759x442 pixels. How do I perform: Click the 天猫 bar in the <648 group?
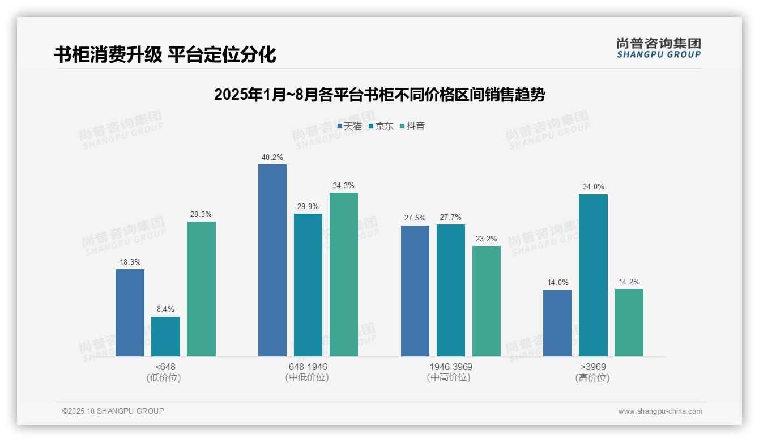(130, 313)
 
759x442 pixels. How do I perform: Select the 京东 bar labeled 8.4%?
(165, 337)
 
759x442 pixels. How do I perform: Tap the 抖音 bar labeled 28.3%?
(201, 289)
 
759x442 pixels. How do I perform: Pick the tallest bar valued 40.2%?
(272, 261)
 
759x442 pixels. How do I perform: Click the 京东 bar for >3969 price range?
(593, 275)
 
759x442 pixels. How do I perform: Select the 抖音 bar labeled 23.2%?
(487, 301)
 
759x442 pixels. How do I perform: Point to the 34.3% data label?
(344, 186)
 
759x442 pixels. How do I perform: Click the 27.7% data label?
(450, 218)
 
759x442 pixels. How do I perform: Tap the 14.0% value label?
(557, 283)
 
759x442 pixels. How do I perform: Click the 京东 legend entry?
(381, 126)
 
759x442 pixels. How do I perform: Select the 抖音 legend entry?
(413, 126)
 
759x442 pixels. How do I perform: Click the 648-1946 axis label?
(308, 367)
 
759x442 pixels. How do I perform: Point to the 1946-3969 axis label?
(450, 367)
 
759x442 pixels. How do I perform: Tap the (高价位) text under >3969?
(592, 378)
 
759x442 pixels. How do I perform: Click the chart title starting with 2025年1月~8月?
(380, 95)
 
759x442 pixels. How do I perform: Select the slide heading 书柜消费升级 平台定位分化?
(165, 54)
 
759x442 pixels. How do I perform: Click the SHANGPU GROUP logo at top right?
(658, 48)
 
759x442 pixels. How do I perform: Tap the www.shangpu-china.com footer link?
(660, 411)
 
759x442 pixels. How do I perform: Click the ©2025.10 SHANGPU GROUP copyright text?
(113, 411)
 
